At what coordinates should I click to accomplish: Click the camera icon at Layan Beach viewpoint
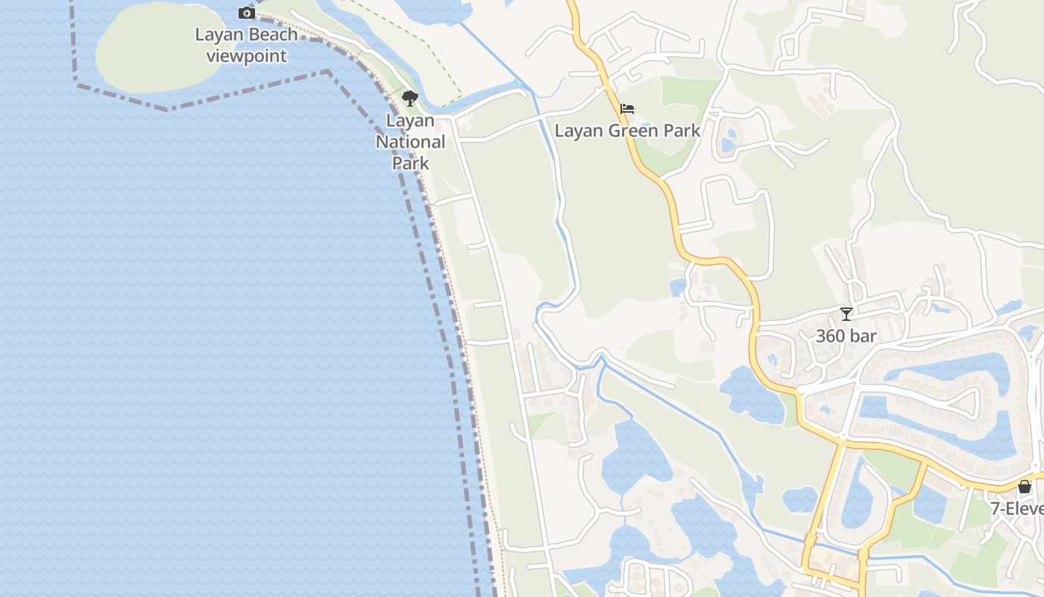[246, 13]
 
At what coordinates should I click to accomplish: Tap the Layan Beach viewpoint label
[246, 45]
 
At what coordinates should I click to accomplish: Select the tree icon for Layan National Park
[409, 98]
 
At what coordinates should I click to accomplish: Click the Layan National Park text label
[410, 142]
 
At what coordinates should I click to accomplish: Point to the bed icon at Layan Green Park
[627, 109]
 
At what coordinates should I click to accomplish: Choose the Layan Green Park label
[627, 131]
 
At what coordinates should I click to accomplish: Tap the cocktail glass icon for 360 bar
[846, 314]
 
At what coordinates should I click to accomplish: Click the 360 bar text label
[846, 336]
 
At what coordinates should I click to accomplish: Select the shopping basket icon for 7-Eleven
[1025, 487]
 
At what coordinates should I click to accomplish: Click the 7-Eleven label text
[1018, 509]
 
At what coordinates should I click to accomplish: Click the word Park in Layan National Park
[410, 163]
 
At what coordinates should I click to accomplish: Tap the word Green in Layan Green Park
[631, 131]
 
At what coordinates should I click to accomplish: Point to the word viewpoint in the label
[246, 56]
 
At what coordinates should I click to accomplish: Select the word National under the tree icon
[410, 142]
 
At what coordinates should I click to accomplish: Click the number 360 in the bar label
[830, 336]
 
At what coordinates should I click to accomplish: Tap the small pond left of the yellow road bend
[678, 287]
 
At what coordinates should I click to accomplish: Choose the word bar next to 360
[862, 336]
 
